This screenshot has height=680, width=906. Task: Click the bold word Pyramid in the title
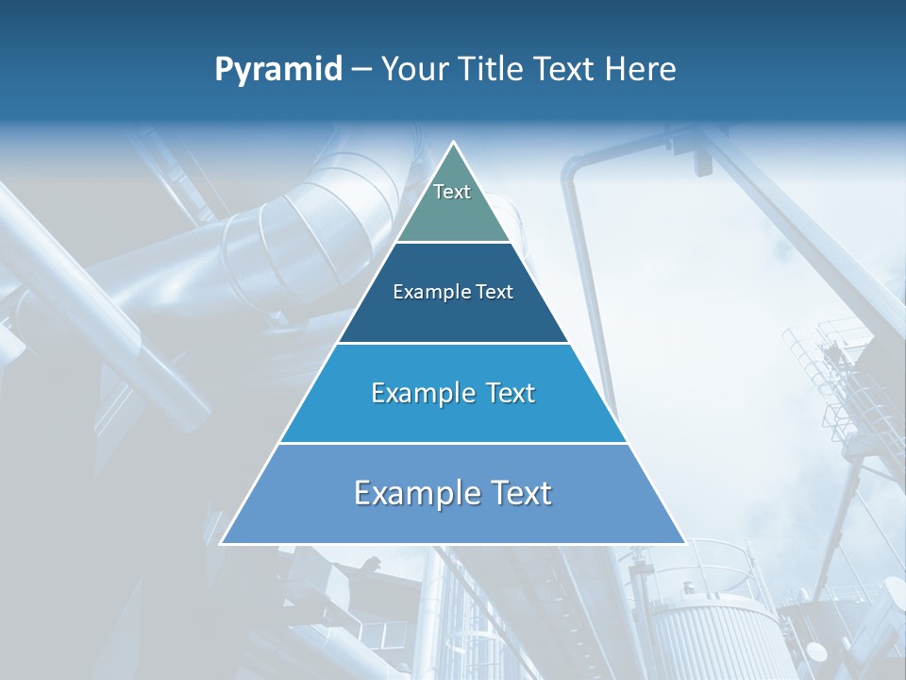pos(278,70)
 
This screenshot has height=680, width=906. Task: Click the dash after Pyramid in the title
pos(361,70)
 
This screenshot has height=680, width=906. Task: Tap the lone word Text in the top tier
pos(452,192)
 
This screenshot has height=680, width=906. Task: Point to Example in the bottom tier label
pos(411,493)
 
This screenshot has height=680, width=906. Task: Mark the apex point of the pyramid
pos(453,143)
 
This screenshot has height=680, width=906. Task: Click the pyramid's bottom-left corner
pos(222,543)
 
